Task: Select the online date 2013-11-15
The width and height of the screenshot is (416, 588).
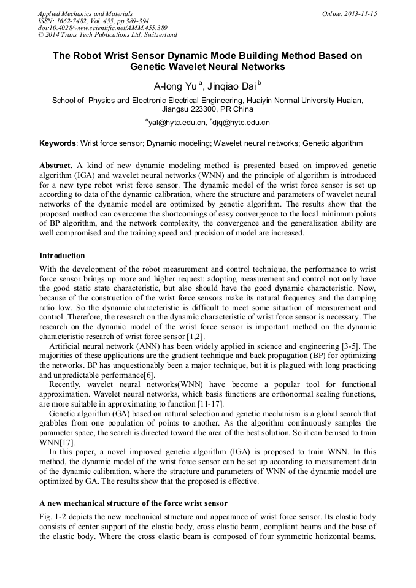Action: pos(360,13)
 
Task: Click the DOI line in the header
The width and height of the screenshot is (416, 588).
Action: pos(102,28)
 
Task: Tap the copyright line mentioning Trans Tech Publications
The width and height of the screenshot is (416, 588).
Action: pos(107,35)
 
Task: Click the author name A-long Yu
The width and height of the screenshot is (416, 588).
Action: pos(175,86)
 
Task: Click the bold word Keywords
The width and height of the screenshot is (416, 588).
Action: pos(58,143)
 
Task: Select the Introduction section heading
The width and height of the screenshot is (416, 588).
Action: pos(62,255)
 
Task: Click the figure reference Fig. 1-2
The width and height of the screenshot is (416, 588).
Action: pos(53,517)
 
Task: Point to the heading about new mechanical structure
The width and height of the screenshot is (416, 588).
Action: pos(133,503)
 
